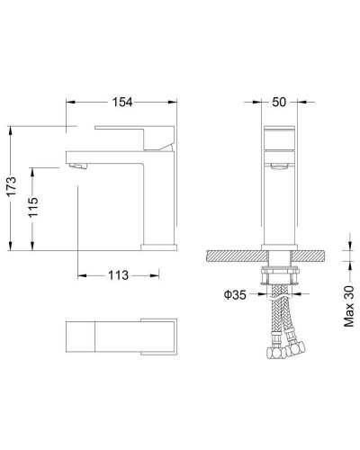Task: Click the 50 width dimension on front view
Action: pos(280,103)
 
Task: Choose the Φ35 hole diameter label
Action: pos(236,292)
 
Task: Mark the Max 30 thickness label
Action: pos(350,304)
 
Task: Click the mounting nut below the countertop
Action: pos(280,271)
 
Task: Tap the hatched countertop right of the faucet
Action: pos(311,256)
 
